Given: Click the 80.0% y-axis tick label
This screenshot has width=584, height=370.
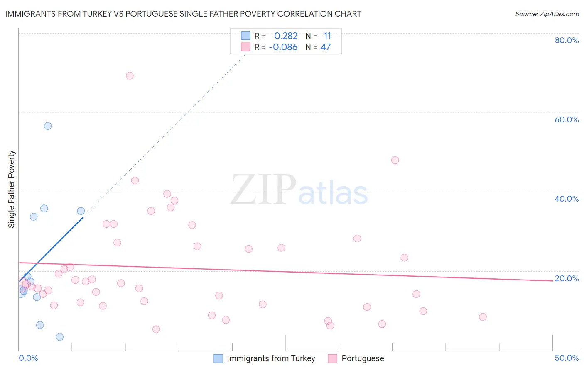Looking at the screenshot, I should click(x=567, y=40).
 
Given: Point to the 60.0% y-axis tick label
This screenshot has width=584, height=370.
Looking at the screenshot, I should click(x=567, y=119).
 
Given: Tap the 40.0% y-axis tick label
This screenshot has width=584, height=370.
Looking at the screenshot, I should click(x=567, y=199).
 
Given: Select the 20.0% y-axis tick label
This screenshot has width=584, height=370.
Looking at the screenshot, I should click(x=567, y=278).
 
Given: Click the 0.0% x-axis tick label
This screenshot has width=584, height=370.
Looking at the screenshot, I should click(x=28, y=358).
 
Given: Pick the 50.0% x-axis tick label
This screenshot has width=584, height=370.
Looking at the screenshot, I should click(x=567, y=358).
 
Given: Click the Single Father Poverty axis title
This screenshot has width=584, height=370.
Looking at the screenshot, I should click(x=12, y=189).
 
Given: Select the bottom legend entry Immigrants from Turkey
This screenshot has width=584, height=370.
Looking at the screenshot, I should click(x=271, y=358).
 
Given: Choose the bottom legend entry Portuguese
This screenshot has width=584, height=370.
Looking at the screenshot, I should click(x=363, y=358).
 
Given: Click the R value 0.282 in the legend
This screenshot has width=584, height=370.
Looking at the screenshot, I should click(x=286, y=36).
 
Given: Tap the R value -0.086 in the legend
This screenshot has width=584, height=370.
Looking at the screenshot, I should click(x=283, y=47).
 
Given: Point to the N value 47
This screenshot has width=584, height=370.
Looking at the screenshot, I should click(x=326, y=47).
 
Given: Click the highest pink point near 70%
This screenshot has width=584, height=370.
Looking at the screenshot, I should click(x=130, y=75).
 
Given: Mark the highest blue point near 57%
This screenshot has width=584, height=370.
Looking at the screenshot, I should click(x=48, y=126).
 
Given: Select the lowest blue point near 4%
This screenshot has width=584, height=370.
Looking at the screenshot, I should click(x=60, y=337).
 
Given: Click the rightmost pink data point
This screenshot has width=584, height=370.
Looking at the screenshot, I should click(x=483, y=317).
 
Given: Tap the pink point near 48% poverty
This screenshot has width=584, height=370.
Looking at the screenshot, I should click(x=395, y=160).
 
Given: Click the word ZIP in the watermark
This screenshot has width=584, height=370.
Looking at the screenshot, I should click(x=263, y=190).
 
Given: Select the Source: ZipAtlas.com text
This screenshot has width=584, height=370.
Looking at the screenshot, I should click(x=547, y=14).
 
